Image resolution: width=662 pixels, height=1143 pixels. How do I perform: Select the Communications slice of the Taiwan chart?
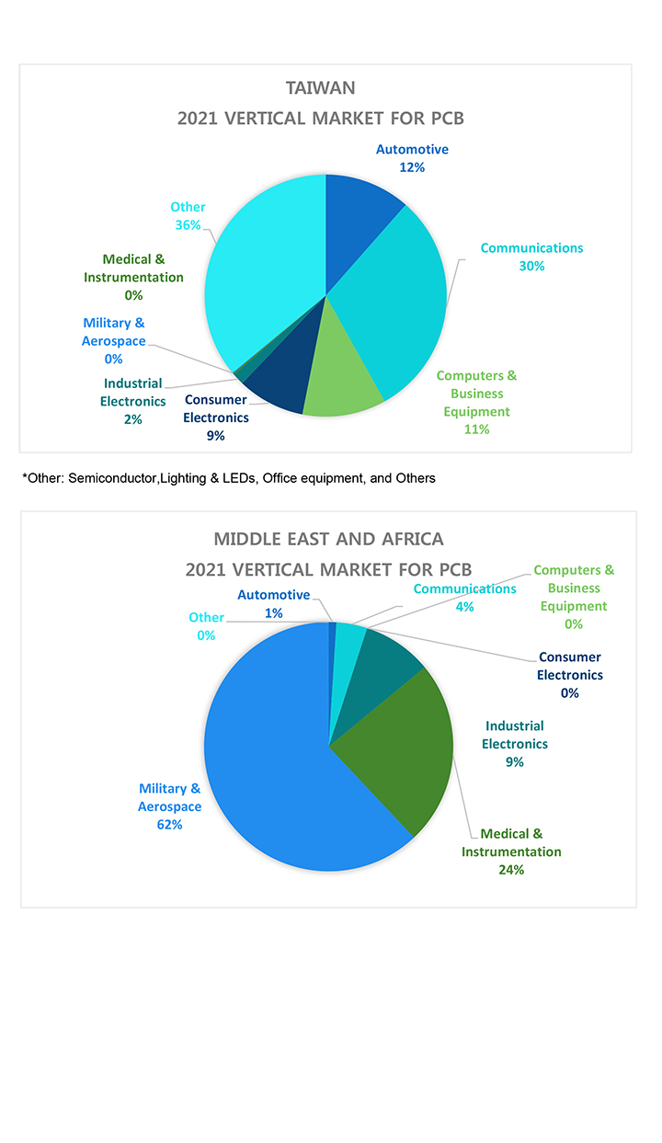[x=395, y=303]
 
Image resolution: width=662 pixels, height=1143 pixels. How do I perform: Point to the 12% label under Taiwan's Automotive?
[x=412, y=167]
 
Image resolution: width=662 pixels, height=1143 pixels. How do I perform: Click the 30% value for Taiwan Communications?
[x=531, y=266]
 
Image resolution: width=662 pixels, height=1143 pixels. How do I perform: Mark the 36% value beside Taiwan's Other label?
[x=188, y=224]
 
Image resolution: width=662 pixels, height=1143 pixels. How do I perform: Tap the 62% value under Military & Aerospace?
[x=169, y=825]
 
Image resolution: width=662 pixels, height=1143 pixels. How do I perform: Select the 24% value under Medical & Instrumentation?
[x=511, y=869]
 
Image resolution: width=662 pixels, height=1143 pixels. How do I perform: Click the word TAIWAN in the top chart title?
[x=320, y=88]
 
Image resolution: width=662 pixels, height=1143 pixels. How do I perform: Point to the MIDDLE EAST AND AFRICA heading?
[x=328, y=538]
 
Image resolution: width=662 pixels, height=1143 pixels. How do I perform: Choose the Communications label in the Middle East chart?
[x=464, y=589]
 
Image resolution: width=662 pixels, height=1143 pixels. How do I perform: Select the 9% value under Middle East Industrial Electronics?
[x=514, y=761]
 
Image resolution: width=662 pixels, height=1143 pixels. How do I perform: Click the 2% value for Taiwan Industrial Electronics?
[x=132, y=419]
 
